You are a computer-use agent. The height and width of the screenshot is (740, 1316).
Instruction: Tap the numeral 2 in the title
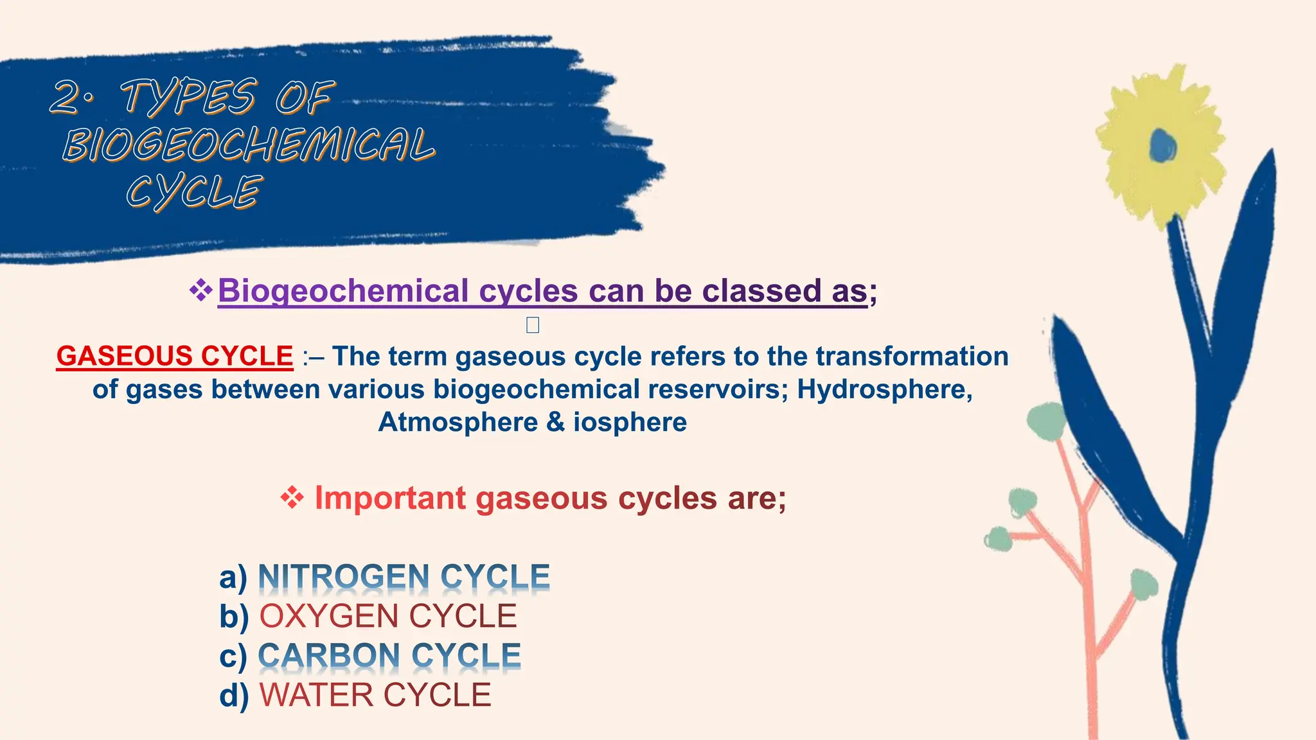click(66, 98)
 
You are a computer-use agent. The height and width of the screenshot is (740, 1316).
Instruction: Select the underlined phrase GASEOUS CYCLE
click(175, 357)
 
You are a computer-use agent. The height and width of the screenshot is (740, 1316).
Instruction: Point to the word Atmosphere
click(458, 422)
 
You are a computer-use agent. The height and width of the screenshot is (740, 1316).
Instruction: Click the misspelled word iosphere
click(630, 422)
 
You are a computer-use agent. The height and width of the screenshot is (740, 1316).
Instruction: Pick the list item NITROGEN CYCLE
click(404, 577)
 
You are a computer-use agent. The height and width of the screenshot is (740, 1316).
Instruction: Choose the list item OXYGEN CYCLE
click(387, 616)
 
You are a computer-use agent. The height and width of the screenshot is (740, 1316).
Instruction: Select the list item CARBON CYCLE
click(389, 656)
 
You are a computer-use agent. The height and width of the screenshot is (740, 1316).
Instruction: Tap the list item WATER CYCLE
click(375, 695)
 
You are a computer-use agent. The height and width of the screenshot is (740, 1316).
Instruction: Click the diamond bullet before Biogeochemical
click(201, 290)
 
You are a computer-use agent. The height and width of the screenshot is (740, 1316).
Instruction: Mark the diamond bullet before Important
click(292, 498)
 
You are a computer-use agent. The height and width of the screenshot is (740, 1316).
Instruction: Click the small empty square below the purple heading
click(533, 325)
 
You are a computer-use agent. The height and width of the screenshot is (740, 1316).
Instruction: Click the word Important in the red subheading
click(390, 498)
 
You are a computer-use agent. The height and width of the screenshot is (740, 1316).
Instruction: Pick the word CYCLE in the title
click(193, 192)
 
